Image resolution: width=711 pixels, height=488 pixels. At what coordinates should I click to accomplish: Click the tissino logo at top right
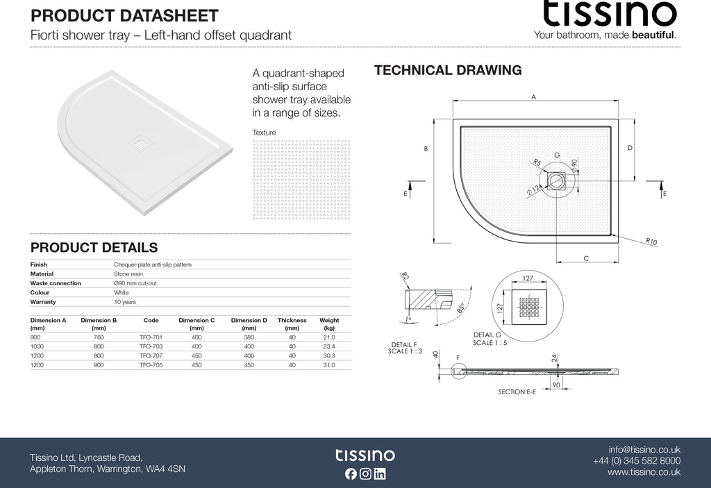609,14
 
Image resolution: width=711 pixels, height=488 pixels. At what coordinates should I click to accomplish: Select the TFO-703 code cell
151,346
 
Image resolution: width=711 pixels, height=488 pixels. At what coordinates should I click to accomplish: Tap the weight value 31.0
328,364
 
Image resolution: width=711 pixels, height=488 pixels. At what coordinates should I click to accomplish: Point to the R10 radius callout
651,242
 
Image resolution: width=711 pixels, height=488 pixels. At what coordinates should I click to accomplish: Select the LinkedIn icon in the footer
380,474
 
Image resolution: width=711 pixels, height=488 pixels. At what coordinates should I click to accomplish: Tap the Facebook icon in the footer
350,474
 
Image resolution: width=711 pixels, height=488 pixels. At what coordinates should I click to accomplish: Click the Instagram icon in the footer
365,474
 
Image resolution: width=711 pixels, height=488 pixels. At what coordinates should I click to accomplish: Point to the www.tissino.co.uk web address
644,472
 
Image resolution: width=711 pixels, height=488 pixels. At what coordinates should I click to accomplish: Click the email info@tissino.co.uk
644,449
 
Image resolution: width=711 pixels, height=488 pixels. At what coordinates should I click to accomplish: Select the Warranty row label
43,302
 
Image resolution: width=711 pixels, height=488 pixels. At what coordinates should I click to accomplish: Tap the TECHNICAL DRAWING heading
448,70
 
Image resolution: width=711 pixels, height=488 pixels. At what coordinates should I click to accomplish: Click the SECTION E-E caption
517,392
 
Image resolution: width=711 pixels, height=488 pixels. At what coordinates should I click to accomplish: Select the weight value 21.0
328,337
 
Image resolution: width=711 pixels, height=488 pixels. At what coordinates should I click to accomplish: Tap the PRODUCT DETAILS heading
94,248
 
